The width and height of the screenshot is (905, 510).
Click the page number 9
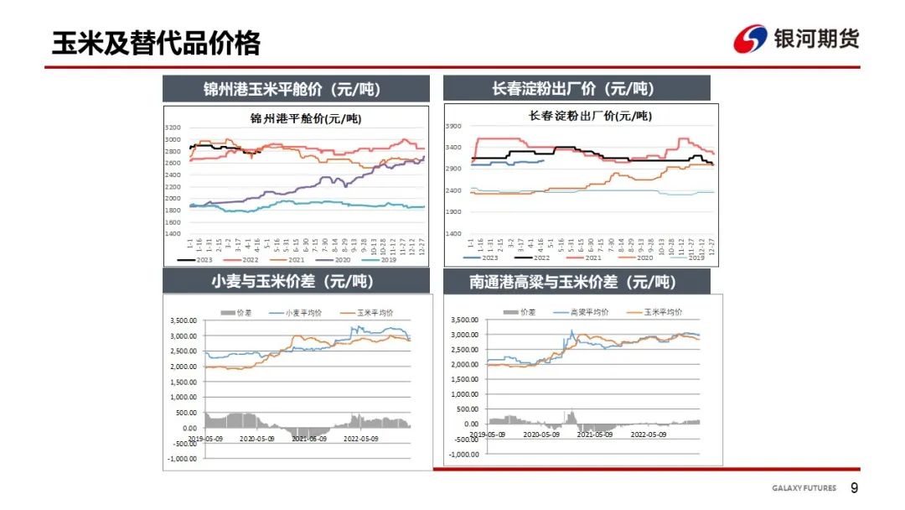click(855, 488)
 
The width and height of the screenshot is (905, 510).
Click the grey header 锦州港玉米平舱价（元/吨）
click(295, 89)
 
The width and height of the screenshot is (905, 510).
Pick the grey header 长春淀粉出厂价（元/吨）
click(577, 89)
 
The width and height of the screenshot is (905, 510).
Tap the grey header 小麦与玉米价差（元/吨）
click(295, 282)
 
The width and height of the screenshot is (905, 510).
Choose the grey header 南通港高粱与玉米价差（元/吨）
click(577, 282)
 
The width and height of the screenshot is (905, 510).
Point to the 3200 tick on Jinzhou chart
click(173, 127)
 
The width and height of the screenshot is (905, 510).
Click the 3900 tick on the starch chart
click(452, 127)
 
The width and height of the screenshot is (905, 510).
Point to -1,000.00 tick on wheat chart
click(182, 459)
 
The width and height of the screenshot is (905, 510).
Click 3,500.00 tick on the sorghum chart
click(465, 320)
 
